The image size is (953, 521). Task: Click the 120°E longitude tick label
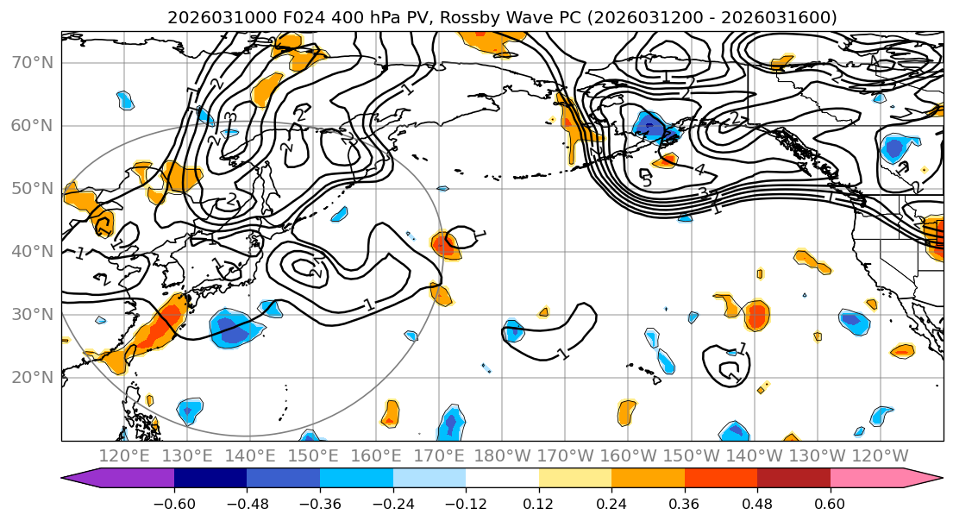point(125,455)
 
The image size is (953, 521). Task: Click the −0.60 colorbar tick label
point(174,502)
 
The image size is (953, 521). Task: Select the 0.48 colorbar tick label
point(757,502)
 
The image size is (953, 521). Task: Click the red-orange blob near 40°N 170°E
point(445,246)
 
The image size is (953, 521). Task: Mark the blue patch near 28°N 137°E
point(231,329)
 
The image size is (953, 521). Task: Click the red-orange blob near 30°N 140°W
point(756,316)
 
